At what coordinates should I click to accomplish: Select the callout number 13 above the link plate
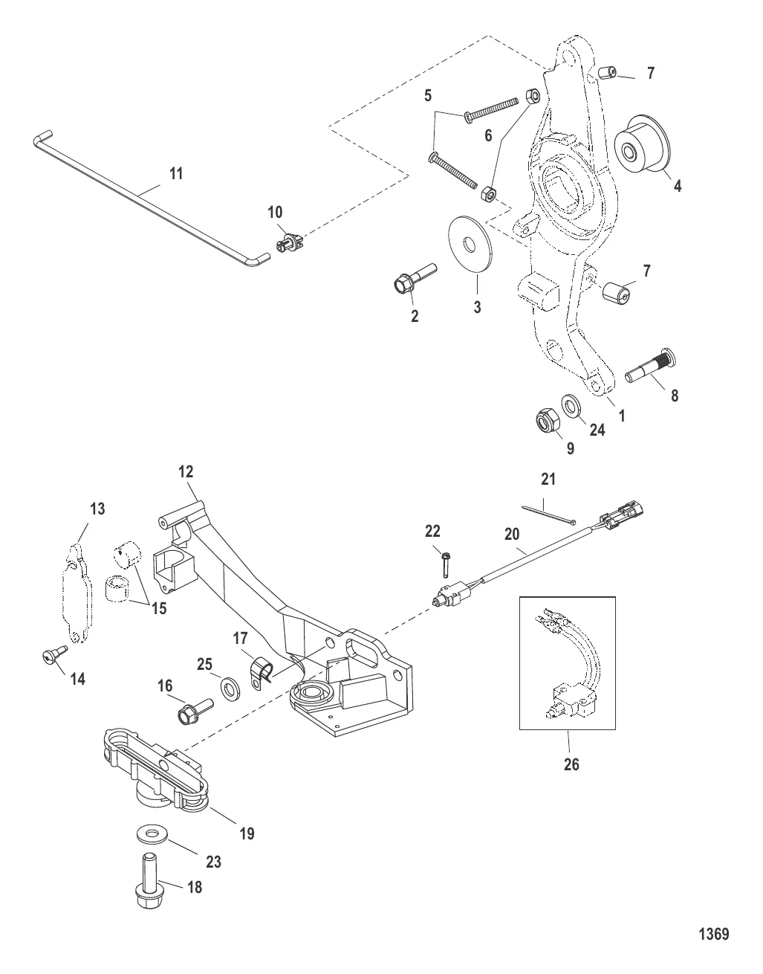[98, 509]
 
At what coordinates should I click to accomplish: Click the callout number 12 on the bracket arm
[185, 471]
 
